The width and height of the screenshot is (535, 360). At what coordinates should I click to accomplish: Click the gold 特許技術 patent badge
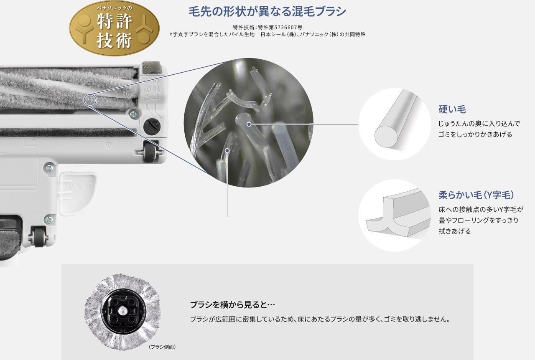point(114,28)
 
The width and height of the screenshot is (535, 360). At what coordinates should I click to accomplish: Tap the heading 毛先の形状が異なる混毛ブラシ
point(267,11)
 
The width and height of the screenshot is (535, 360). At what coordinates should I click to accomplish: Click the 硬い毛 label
point(452,109)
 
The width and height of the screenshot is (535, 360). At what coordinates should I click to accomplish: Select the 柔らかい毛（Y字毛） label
point(476,195)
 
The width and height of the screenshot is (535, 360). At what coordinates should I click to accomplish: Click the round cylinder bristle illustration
point(395,124)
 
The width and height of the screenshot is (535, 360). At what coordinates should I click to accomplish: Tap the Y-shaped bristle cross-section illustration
point(395,215)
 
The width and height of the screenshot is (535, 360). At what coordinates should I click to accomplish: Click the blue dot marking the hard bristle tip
point(249,124)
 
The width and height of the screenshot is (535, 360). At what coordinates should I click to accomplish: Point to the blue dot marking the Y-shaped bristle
point(227,150)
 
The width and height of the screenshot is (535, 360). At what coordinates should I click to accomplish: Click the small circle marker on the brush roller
point(90,100)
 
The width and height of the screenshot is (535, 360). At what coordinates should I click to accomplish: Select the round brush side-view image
point(122,311)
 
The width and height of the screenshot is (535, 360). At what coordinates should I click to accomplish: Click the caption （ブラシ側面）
point(162,347)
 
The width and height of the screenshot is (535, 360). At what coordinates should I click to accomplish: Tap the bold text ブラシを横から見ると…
point(232,304)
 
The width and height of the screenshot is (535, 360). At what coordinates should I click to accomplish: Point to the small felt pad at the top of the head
point(151,68)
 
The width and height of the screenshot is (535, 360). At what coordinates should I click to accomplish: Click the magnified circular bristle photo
point(248,122)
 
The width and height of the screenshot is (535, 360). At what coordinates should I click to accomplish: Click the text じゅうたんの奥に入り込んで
point(479,124)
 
